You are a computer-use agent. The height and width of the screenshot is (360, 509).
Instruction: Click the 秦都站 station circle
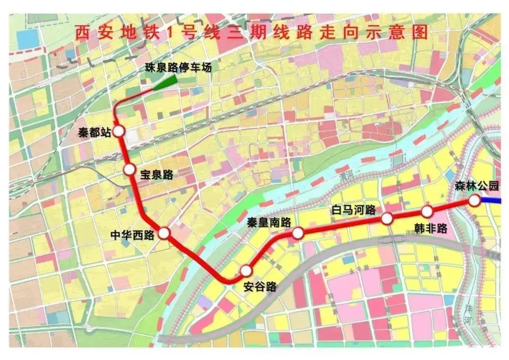click(118, 131)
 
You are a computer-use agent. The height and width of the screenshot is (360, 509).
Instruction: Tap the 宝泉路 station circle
click(129, 170)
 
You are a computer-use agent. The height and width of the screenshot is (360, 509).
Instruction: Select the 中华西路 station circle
click(164, 233)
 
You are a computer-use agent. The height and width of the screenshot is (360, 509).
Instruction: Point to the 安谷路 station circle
click(246, 270)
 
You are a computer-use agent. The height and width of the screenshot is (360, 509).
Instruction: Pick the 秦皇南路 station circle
click(298, 233)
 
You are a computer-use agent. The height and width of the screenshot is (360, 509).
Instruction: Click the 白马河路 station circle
click(387, 218)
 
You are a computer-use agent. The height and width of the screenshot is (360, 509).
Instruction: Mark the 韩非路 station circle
click(427, 211)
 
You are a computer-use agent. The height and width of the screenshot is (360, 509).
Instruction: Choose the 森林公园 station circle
click(474, 201)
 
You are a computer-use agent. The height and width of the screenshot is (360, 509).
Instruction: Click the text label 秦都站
click(94, 132)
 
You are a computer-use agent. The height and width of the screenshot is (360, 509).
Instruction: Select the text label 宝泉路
click(156, 175)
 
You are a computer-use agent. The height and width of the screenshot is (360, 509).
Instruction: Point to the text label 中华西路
click(132, 235)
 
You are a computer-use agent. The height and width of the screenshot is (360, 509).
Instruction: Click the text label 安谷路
click(260, 286)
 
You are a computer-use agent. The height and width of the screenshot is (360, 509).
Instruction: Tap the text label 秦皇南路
click(269, 223)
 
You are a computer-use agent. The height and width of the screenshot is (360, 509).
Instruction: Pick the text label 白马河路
click(353, 209)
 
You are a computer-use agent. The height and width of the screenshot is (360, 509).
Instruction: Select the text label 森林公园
click(476, 186)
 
